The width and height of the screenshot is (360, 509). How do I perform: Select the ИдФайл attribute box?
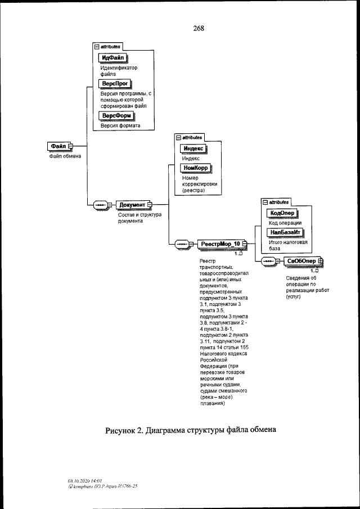pyautogui.click(x=114, y=58)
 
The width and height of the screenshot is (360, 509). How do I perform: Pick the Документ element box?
pyautogui.click(x=133, y=205)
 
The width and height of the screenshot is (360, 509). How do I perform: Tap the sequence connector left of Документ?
pyautogui.click(x=102, y=205)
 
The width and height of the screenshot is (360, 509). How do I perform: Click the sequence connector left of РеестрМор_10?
pyautogui.click(x=183, y=244)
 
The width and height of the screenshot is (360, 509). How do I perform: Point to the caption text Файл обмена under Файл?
pyautogui.click(x=64, y=156)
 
